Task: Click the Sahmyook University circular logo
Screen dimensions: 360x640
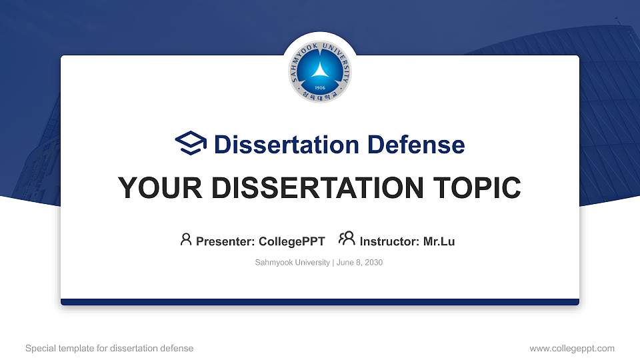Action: (x=320, y=71)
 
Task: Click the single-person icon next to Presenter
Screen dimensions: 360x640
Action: (x=186, y=239)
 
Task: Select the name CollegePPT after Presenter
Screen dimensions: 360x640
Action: (x=291, y=241)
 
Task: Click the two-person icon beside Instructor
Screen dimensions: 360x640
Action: (x=347, y=239)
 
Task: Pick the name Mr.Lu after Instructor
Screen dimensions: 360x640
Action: (x=439, y=241)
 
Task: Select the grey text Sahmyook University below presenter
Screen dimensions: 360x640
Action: (x=292, y=263)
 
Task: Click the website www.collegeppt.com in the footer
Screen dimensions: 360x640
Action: (x=572, y=348)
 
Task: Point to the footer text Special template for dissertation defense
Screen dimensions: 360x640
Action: (x=109, y=348)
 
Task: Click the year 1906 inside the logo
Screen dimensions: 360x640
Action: (x=320, y=87)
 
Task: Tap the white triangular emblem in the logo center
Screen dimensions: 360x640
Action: (x=320, y=69)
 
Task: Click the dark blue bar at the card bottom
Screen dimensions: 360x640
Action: (x=320, y=302)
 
